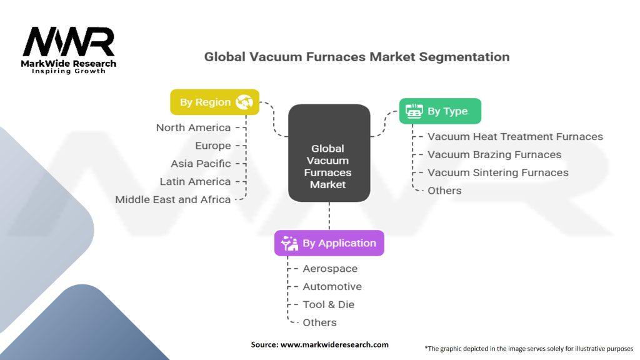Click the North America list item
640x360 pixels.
click(x=193, y=127)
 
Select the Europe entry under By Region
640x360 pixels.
click(x=212, y=146)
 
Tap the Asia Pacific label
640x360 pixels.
click(x=201, y=164)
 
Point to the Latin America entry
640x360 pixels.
click(x=195, y=182)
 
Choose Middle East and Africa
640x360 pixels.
click(x=173, y=199)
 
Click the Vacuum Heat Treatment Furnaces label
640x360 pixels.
click(x=515, y=136)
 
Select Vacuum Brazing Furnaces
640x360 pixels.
click(x=494, y=154)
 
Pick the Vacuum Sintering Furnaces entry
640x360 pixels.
click(x=498, y=172)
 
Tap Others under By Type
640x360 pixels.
click(x=444, y=191)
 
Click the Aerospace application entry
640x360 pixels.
click(x=330, y=269)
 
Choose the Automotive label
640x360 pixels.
click(x=332, y=286)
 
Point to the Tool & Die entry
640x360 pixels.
click(x=328, y=304)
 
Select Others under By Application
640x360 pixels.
click(x=319, y=322)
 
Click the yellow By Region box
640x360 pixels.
click(x=215, y=102)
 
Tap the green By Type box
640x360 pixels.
click(x=440, y=111)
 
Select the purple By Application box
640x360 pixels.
click(x=329, y=243)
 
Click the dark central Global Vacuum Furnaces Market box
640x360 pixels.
click(x=329, y=152)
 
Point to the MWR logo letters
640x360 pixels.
click(x=69, y=42)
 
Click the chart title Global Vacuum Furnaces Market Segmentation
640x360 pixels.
click(x=357, y=57)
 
